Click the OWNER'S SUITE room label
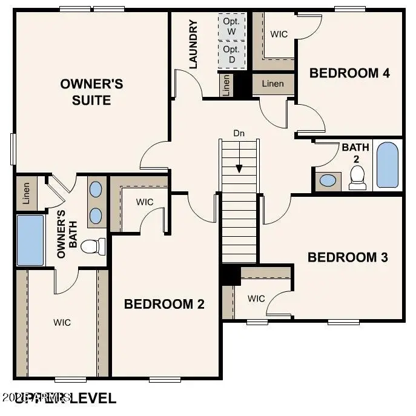click(91, 91)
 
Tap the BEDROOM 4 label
click(349, 73)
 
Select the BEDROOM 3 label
click(348, 257)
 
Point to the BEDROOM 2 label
click(164, 303)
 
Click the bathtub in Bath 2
click(388, 165)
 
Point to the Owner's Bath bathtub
click(30, 240)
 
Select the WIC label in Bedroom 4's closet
click(279, 34)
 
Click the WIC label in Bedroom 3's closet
click(256, 298)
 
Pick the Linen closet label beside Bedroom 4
click(272, 84)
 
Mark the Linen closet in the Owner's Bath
click(27, 193)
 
